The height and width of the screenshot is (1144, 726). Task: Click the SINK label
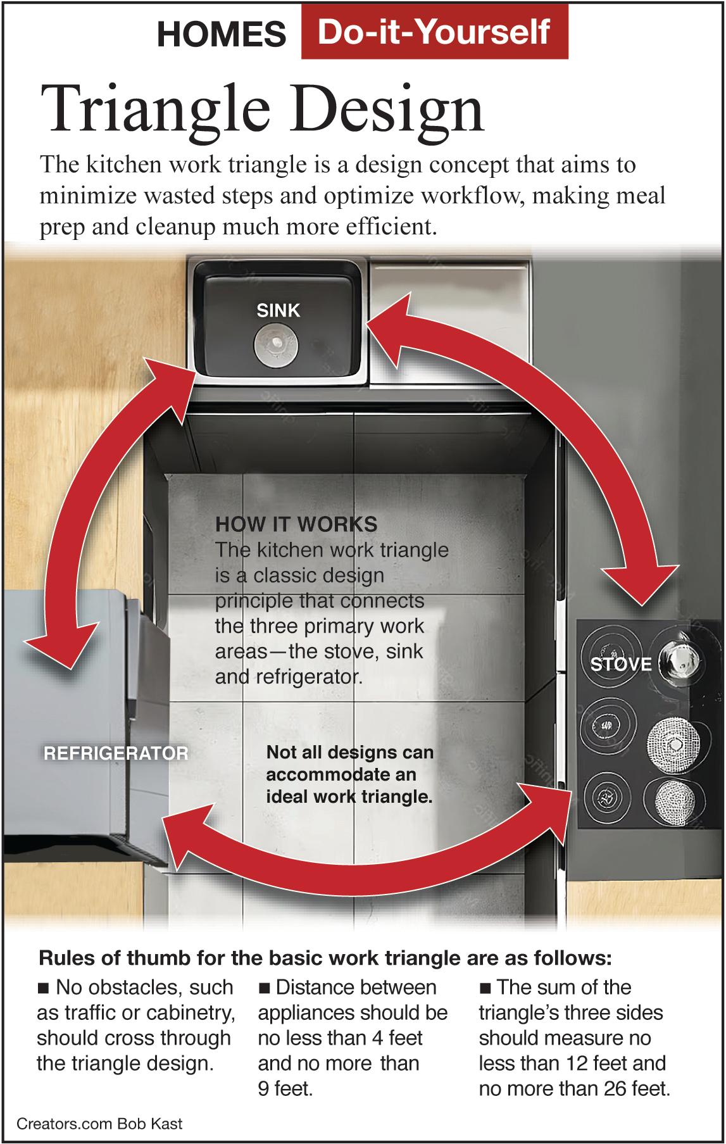coord(278,310)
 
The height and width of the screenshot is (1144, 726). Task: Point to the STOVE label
coord(621,664)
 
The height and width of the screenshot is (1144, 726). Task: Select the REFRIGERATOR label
coord(116,753)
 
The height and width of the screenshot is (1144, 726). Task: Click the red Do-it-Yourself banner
coord(434,31)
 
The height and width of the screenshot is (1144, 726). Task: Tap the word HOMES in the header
coord(222,34)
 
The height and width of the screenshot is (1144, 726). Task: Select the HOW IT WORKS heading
coord(296,524)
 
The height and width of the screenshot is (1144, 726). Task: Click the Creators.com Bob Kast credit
coord(99,1124)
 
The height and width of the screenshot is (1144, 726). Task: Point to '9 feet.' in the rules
coord(285,1089)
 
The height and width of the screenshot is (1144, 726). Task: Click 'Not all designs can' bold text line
coord(350,753)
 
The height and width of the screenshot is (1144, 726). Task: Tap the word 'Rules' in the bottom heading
coord(61,958)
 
